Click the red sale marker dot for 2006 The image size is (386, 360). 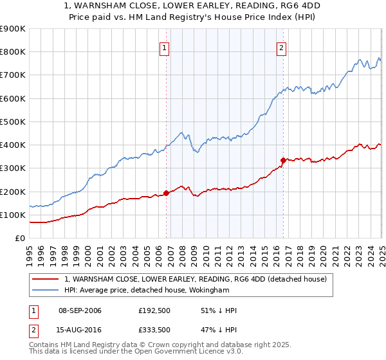[x=166, y=193]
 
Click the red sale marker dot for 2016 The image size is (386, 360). [x=283, y=160]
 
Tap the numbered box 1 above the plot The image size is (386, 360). [x=165, y=47]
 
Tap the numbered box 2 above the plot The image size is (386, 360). [x=282, y=47]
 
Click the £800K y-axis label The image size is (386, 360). [x=13, y=51]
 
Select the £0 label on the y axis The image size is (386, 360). [x=21, y=238]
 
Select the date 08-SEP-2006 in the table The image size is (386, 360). [x=80, y=310]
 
